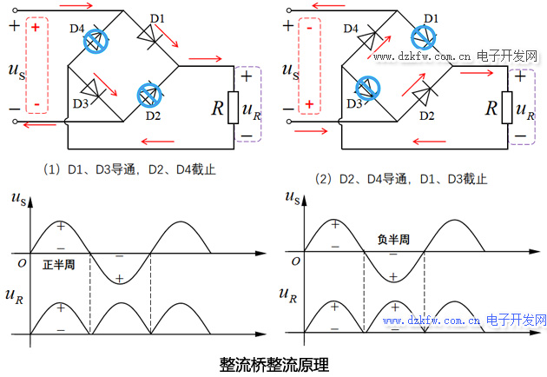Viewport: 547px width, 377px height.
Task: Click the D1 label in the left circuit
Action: click(x=157, y=18)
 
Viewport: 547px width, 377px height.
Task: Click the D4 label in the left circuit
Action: click(x=77, y=29)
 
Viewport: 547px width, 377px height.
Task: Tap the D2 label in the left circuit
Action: click(x=153, y=114)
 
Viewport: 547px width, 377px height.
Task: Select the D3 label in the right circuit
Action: click(x=352, y=103)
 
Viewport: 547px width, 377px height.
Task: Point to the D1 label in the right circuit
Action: click(x=431, y=17)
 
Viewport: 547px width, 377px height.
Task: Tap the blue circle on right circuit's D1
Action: click(x=422, y=36)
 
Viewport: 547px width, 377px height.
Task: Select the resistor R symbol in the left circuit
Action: click(x=234, y=108)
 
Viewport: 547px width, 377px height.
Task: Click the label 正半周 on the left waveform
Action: click(x=58, y=263)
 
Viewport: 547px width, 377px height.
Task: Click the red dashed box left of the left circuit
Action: click(x=36, y=65)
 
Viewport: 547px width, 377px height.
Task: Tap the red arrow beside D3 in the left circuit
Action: click(x=107, y=83)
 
